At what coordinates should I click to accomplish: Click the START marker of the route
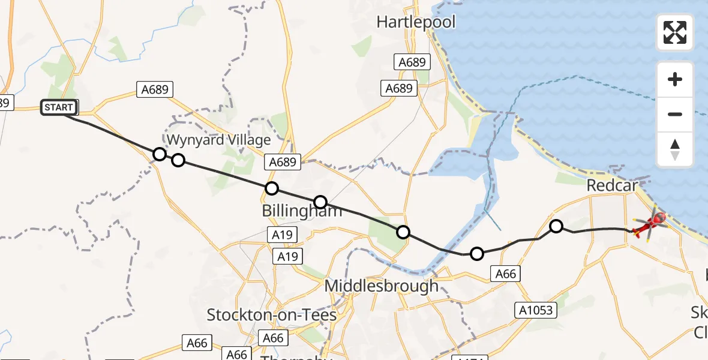pos(59,108)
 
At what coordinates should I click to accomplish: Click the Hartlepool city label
pos(416,22)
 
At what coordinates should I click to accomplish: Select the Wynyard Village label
pos(218,140)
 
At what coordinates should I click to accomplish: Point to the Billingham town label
pos(302,211)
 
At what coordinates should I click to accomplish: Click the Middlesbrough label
pos(382,286)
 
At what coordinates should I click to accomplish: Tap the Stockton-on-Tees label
pos(271,314)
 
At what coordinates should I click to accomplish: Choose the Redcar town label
pos(612,185)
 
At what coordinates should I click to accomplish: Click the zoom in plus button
pos(675,79)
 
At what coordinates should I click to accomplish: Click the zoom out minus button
pos(675,114)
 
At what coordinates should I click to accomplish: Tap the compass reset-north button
pos(675,149)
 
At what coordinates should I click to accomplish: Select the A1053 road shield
pos(536,310)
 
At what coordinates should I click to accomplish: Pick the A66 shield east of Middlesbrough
pos(504,274)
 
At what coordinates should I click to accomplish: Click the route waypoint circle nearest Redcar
pos(556,226)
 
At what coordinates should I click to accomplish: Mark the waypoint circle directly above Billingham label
pos(320,202)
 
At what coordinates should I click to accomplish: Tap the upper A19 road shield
pos(282,235)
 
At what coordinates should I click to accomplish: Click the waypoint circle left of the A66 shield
pos(476,254)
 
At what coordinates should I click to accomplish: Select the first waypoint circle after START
pos(159,154)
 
